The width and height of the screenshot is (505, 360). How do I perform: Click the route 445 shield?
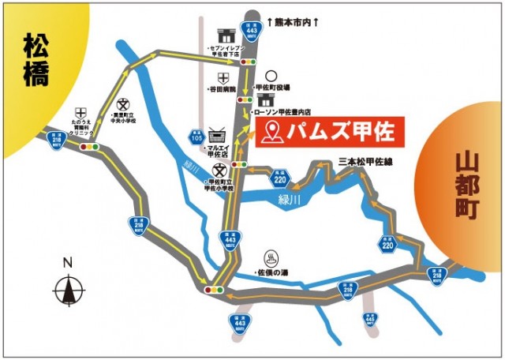coord(369,319)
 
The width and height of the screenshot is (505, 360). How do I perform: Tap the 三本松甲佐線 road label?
coord(365,161)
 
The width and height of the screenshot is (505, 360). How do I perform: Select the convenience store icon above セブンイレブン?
coord(224,34)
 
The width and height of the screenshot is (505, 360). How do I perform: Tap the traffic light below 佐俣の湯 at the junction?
coord(215,291)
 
